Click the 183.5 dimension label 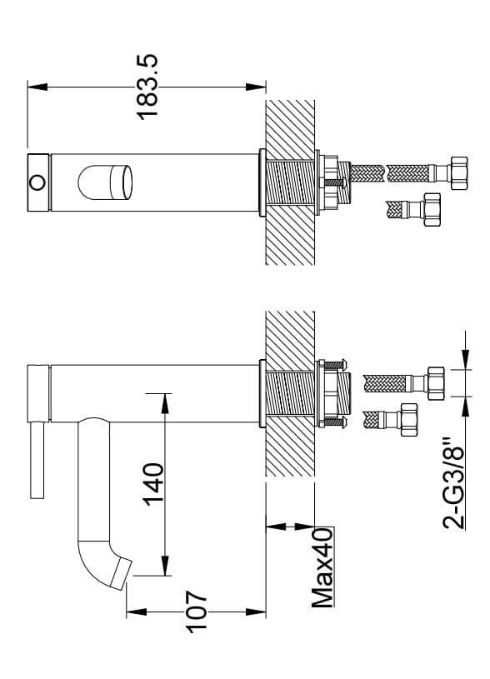(x=147, y=86)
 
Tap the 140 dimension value (x=154, y=484)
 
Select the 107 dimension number (x=197, y=612)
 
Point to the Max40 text (x=322, y=567)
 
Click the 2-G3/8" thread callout (x=453, y=485)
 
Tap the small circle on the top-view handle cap (x=37, y=182)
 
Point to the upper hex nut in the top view (x=458, y=173)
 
